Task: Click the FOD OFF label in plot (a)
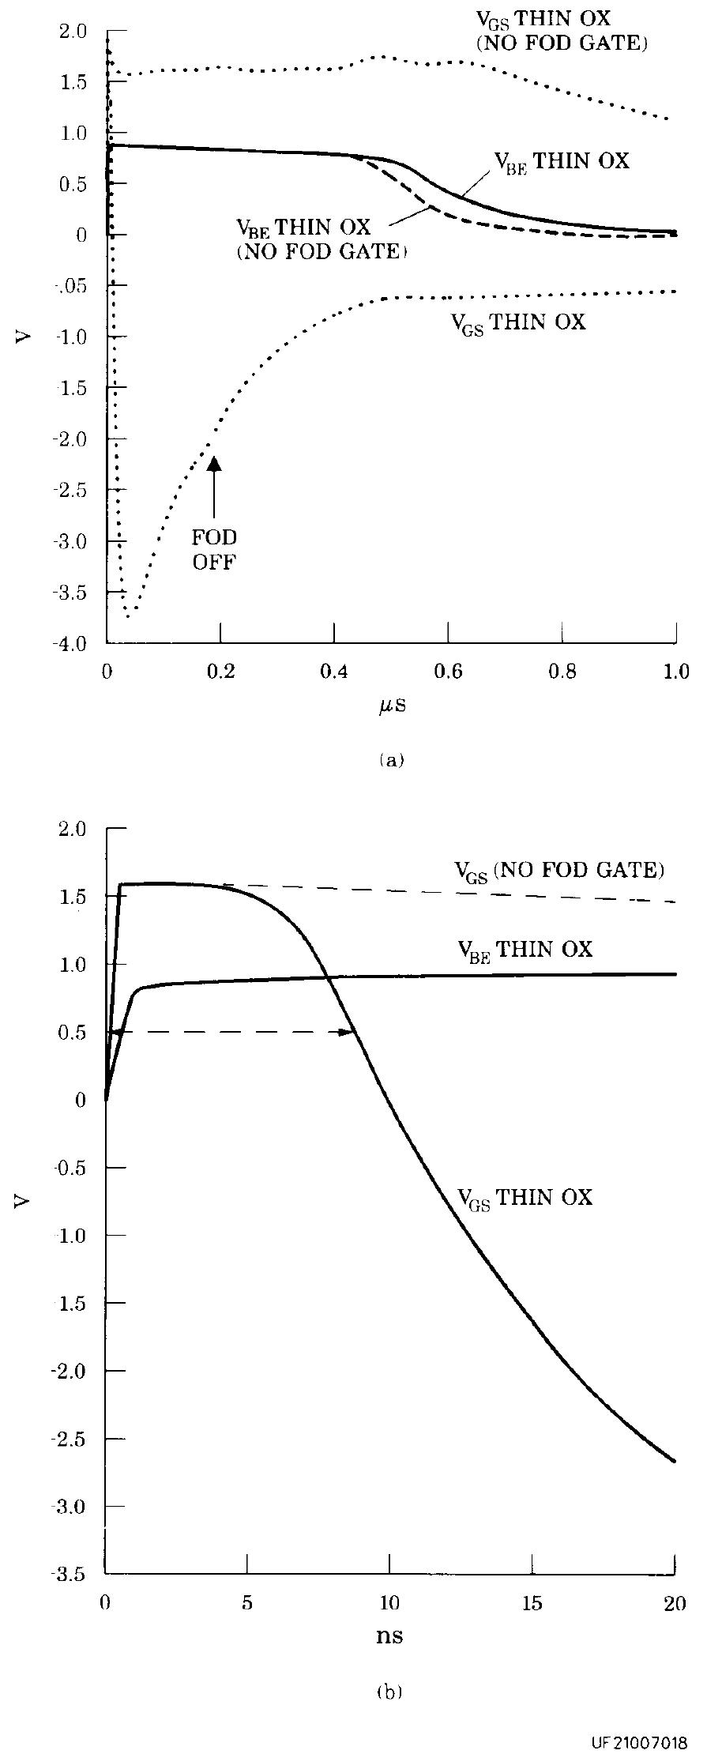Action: pyautogui.click(x=214, y=550)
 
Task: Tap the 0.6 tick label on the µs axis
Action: pyautogui.click(x=448, y=672)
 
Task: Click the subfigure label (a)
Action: pyautogui.click(x=391, y=760)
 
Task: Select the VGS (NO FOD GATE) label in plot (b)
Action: pyautogui.click(x=558, y=871)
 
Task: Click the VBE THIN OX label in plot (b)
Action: pyautogui.click(x=525, y=949)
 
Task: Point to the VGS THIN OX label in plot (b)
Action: pyautogui.click(x=525, y=1198)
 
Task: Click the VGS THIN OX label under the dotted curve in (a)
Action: pyautogui.click(x=518, y=322)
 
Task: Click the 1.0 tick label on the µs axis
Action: pyautogui.click(x=675, y=672)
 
